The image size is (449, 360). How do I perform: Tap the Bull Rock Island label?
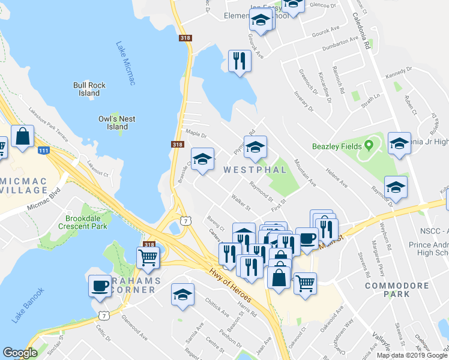click(89, 89)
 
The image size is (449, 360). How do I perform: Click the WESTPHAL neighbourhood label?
click(255, 170)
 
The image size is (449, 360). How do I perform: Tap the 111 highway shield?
click(43, 150)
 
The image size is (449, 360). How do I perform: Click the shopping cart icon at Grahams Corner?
click(148, 258)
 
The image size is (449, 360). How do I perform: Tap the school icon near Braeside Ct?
click(202, 159)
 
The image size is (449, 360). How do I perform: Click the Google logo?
click(20, 353)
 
